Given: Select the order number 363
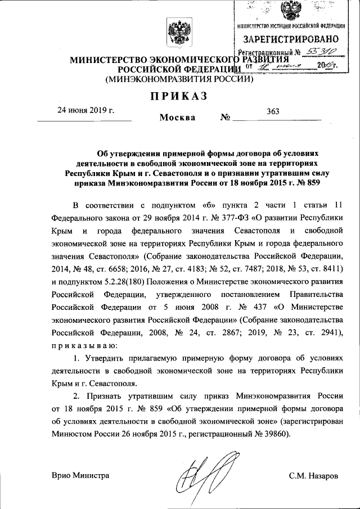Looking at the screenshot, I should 273,111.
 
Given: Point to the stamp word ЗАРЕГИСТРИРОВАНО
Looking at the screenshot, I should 290,39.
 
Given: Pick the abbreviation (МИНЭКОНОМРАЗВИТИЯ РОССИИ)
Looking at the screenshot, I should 180,79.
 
